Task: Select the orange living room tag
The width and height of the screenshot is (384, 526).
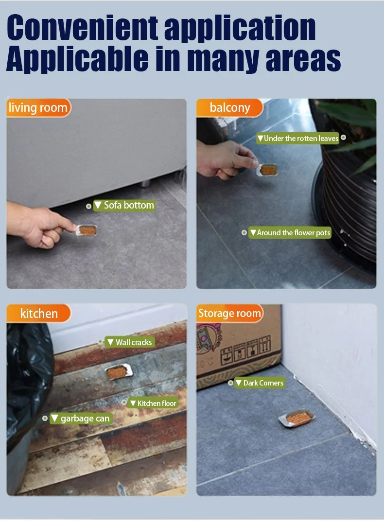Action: tap(38, 107)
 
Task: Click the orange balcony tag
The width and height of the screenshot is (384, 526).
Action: tap(229, 107)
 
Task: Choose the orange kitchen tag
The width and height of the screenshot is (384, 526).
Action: tap(38, 314)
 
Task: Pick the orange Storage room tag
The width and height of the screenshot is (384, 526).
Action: tap(229, 314)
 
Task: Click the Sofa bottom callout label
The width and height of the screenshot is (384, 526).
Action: tap(124, 206)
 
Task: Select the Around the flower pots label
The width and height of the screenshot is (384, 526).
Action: tap(290, 233)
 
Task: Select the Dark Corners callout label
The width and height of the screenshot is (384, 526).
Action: tap(259, 383)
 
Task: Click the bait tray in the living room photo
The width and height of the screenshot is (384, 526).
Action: tap(87, 230)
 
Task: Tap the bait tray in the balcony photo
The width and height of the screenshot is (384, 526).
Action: tap(268, 170)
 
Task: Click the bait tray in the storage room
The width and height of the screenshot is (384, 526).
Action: tap(296, 419)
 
